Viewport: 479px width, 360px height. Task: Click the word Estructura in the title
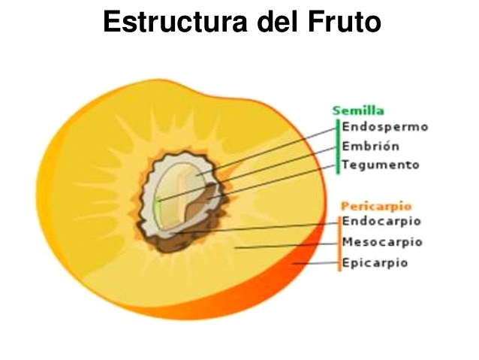click(175, 21)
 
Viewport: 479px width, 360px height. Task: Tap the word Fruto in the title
click(345, 21)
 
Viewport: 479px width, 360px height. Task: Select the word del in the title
click(277, 21)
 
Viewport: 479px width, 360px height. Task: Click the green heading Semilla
click(358, 110)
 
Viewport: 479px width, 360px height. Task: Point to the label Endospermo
click(385, 127)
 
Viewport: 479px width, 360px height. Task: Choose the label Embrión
click(371, 146)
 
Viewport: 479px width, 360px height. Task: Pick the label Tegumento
click(381, 165)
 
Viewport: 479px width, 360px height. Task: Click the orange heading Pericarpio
click(376, 207)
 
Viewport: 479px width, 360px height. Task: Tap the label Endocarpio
click(381, 221)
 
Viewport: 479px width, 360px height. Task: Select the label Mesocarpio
click(382, 242)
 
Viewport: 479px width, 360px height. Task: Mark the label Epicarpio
click(375, 263)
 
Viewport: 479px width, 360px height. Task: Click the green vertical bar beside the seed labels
click(338, 147)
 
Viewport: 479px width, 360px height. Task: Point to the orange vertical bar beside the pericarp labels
click(339, 244)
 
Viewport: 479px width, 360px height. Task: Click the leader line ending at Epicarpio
click(315, 263)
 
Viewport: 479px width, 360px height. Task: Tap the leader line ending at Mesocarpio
click(286, 246)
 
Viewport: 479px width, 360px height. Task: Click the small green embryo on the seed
click(157, 207)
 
